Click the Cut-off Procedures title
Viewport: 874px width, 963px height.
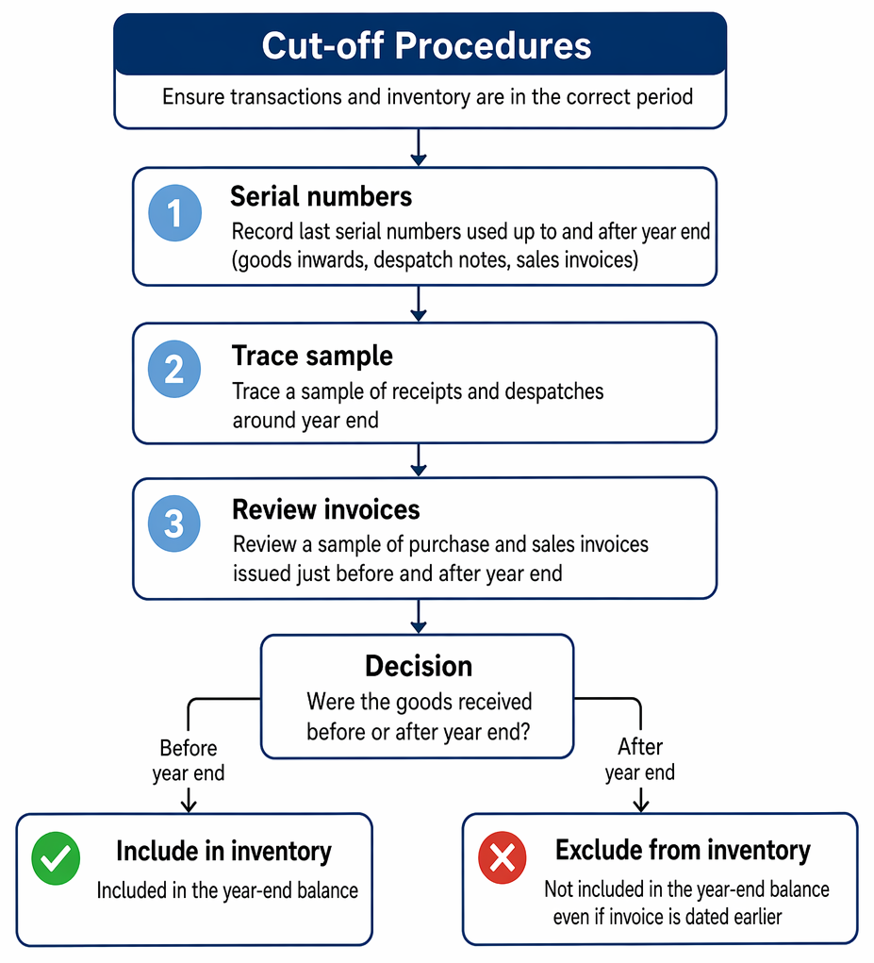(x=426, y=45)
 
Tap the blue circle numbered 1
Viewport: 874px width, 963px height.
(x=175, y=213)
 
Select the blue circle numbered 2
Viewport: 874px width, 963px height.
(x=174, y=369)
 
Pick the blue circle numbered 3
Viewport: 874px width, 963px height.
(x=174, y=523)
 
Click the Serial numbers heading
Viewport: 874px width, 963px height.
(x=321, y=196)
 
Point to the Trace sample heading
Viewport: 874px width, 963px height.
(x=312, y=357)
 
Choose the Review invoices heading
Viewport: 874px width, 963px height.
(x=326, y=509)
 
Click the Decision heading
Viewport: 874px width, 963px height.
(x=419, y=666)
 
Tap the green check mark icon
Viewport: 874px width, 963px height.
(x=56, y=858)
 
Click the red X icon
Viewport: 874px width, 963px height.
(x=503, y=857)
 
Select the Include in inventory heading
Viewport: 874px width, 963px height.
(x=224, y=852)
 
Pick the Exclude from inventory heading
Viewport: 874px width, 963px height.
(x=684, y=851)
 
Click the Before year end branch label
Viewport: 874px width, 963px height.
(x=189, y=760)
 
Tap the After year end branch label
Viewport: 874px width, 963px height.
(x=640, y=759)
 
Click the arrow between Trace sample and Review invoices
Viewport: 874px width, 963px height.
(x=419, y=460)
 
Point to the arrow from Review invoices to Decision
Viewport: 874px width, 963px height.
(x=419, y=616)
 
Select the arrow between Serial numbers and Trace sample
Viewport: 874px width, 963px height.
(x=419, y=304)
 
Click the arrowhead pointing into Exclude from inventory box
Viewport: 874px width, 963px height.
(x=641, y=805)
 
